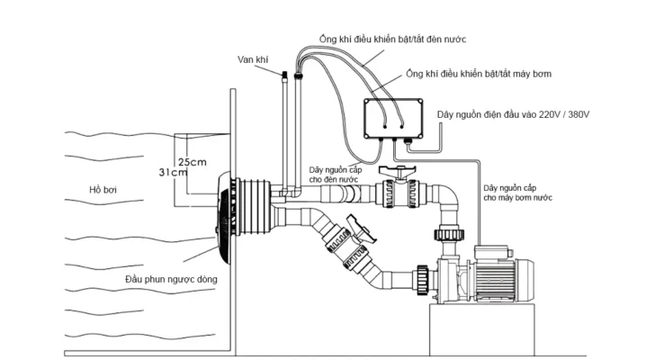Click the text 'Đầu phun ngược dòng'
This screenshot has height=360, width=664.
[x=172, y=279]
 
